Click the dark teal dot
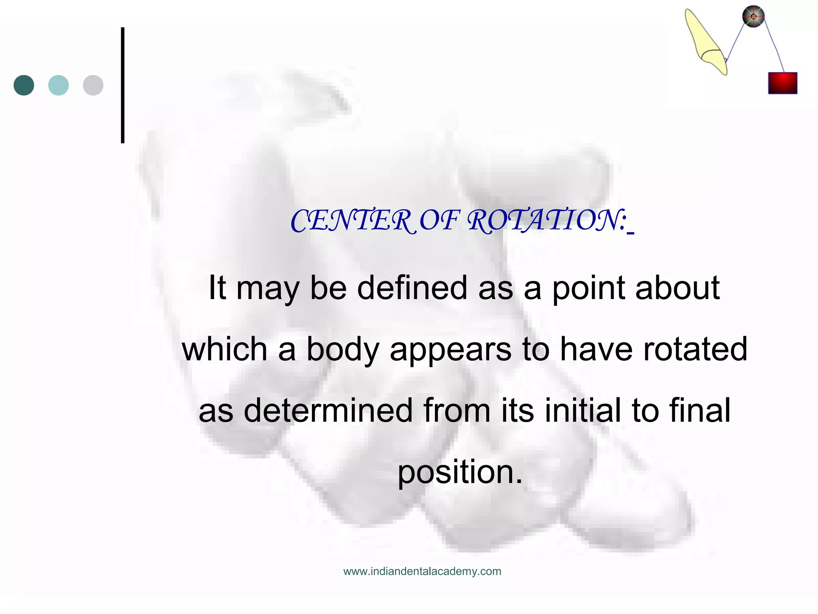click(24, 85)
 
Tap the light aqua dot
click(58, 85)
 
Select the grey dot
click(93, 85)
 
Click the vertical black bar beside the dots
click(123, 85)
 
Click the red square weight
click(782, 83)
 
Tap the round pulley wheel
click(753, 17)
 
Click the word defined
click(412, 287)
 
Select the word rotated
click(695, 349)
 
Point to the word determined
click(328, 411)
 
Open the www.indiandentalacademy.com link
click(422, 571)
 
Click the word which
click(224, 349)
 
